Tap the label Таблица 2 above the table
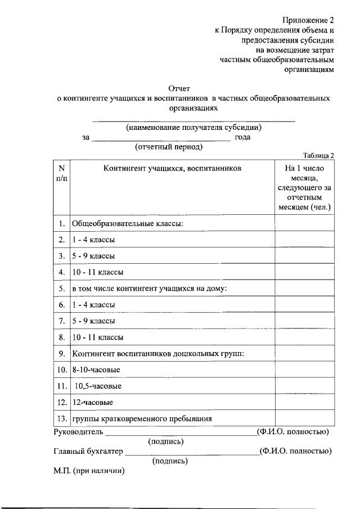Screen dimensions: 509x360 tap(318, 156)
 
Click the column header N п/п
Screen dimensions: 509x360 tap(61, 173)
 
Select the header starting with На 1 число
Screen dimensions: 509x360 tap(304, 187)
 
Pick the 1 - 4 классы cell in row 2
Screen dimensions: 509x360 tap(94, 240)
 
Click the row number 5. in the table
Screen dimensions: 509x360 tap(61, 289)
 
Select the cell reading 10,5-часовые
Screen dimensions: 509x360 tap(98, 386)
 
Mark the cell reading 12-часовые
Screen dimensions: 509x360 tap(93, 403)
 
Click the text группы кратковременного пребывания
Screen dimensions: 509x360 tap(142, 419)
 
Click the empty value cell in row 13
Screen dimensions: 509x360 tap(304, 419)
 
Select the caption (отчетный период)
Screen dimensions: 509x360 tap(169, 147)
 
